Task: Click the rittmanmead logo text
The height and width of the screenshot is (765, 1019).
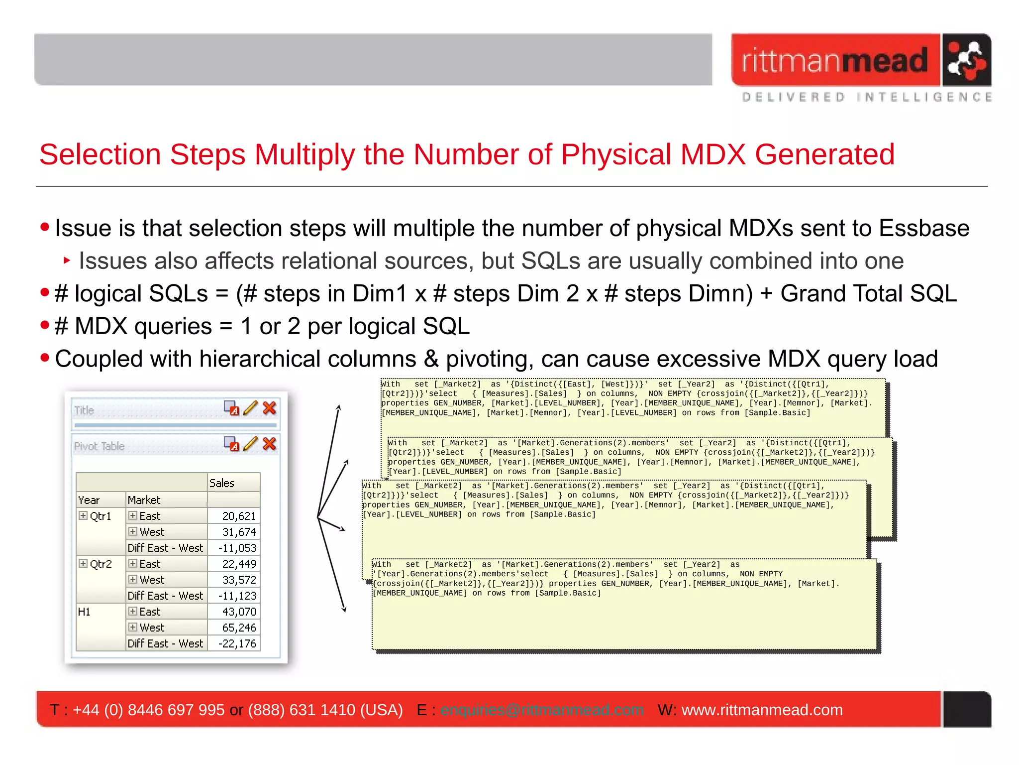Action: click(835, 61)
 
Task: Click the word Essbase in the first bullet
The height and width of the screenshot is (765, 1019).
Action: click(924, 228)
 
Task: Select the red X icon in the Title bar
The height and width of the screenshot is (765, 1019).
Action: click(269, 408)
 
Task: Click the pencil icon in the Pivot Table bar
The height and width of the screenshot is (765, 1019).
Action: click(250, 444)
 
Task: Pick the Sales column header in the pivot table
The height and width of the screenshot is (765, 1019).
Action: click(222, 483)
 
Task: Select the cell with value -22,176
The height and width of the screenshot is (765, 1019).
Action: click(237, 643)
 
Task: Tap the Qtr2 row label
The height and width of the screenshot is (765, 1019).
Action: click(101, 564)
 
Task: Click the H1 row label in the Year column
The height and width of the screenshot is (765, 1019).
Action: click(84, 612)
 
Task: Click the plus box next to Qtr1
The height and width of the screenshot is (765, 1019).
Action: click(83, 515)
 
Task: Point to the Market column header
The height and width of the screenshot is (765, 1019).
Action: click(144, 500)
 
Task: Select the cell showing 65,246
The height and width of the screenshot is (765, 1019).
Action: click(239, 628)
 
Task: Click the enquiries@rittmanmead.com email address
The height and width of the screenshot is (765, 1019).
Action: click(541, 710)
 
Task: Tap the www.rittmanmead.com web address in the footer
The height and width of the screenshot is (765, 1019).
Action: click(762, 710)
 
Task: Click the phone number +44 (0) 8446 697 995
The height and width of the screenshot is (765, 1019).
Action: click(148, 710)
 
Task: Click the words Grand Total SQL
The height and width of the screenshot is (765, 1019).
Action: click(868, 293)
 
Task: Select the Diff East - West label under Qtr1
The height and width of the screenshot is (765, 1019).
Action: click(165, 548)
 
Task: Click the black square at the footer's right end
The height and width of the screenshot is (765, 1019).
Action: click(967, 709)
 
